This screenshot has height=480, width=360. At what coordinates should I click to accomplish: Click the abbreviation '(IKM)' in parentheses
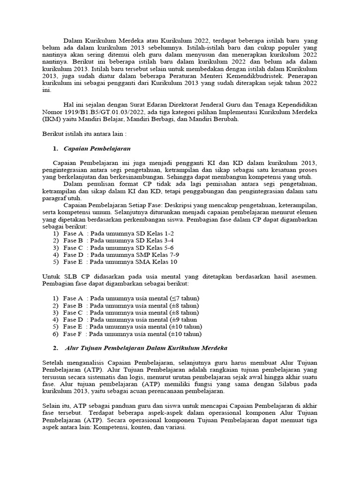tap(46, 119)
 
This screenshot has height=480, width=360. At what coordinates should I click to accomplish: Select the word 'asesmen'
tap(305, 277)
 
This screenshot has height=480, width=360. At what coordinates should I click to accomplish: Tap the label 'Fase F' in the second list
tap(73, 334)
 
